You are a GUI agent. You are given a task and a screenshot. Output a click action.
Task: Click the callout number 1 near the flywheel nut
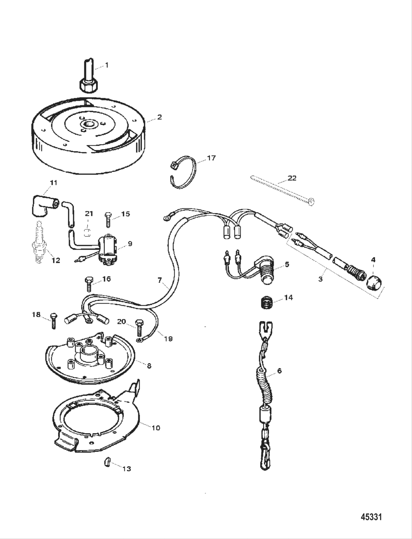coord(107,65)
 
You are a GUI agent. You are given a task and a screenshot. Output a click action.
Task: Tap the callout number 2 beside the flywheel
coord(159,117)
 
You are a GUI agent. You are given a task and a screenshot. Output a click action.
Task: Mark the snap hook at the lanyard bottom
coord(266,454)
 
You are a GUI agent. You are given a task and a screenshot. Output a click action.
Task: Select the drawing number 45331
coord(371,517)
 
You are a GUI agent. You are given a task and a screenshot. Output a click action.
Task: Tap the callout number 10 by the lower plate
coord(156,428)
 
